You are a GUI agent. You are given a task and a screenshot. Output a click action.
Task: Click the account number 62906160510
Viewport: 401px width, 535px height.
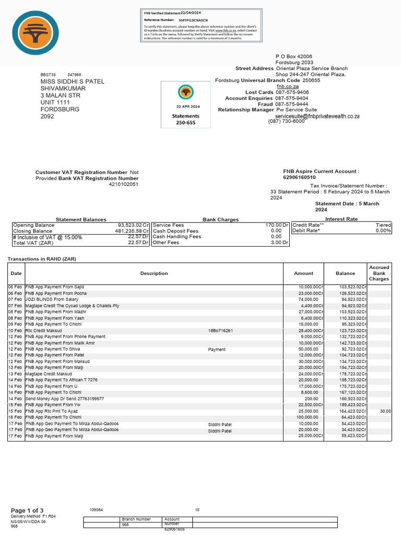(299, 178)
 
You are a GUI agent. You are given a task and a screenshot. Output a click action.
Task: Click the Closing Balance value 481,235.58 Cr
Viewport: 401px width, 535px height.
(131, 231)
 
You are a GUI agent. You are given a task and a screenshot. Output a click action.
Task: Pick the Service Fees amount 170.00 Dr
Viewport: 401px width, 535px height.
(277, 225)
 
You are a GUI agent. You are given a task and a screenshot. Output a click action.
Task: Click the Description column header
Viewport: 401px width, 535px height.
(154, 273)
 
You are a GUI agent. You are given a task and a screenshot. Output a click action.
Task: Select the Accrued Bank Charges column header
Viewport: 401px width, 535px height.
(379, 273)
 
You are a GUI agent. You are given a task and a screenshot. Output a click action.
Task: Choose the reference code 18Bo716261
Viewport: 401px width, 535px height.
(220, 331)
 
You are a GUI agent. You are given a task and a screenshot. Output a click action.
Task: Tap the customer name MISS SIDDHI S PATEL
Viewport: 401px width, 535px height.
(73, 82)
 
